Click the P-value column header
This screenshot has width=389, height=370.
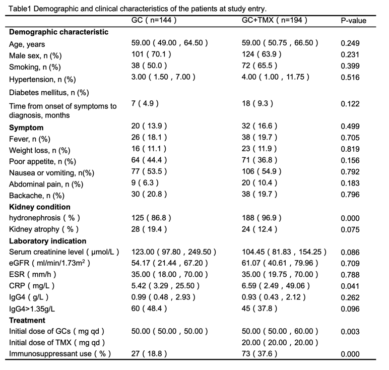[353, 20]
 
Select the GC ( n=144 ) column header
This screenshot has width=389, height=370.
[154, 20]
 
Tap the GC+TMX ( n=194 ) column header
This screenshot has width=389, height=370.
[275, 20]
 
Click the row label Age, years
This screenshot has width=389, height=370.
[27, 44]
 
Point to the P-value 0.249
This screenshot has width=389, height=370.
[350, 43]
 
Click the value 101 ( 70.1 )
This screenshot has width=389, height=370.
[151, 54]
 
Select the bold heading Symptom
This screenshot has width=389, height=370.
[26, 128]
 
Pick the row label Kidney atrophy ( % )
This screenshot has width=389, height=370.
[44, 229]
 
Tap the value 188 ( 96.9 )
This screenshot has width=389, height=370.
[262, 218]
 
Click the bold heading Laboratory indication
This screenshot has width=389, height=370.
[48, 241]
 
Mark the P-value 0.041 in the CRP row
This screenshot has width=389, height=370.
[350, 286]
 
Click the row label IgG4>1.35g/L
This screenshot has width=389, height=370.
[32, 309]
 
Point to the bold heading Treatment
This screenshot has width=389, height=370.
[27, 320]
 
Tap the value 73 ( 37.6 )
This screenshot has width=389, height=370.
[260, 353]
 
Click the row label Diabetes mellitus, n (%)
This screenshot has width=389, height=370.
[49, 93]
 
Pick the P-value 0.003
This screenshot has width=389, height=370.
[350, 332]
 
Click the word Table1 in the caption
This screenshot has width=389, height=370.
[20, 9]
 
